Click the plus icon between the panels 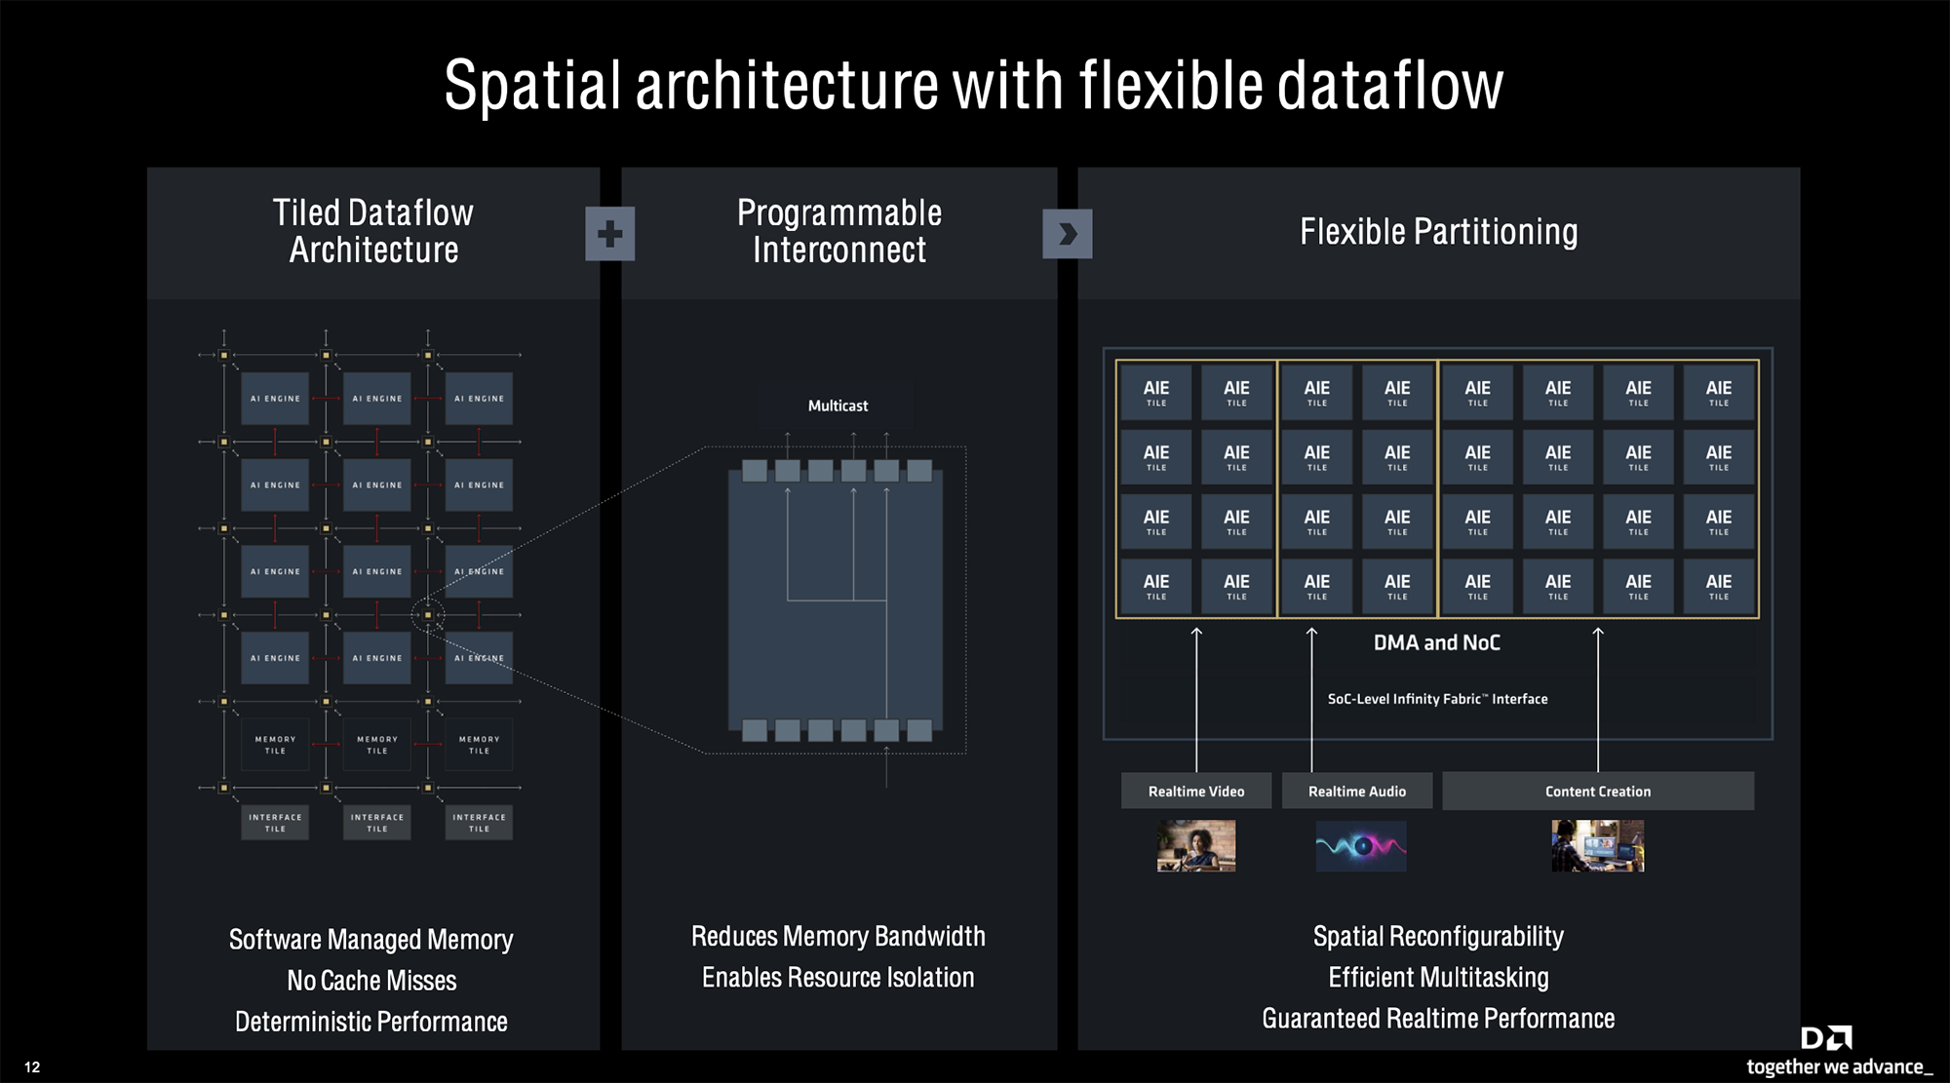(609, 234)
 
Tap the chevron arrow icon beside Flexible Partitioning (1067, 234)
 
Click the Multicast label (838, 406)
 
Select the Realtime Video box (1196, 791)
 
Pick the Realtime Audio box (1357, 791)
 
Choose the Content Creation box (1598, 791)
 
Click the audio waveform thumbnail (1361, 845)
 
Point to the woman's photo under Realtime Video (1196, 845)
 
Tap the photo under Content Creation (1598, 845)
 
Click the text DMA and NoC (1437, 642)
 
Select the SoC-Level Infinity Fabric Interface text (1437, 699)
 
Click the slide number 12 (32, 1067)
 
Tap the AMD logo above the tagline (1826, 1037)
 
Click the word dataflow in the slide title (1390, 86)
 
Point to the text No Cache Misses (371, 981)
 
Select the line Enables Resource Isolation (838, 978)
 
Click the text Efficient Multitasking (1438, 978)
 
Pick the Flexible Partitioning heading (1438, 232)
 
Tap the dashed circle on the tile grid (427, 615)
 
